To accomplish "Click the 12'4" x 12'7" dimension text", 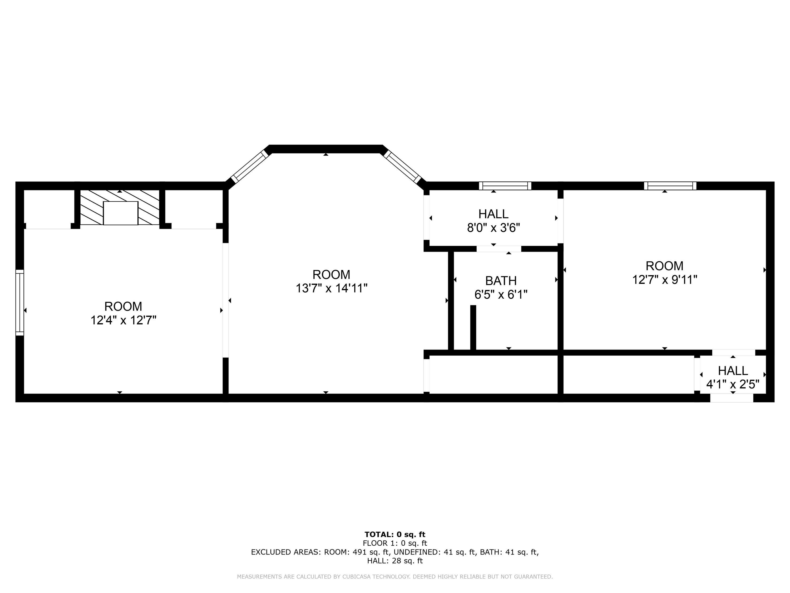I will pos(123,320).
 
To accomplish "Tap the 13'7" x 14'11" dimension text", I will pos(332,288).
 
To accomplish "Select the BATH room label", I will pos(501,281).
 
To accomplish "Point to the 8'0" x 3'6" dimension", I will pos(493,228).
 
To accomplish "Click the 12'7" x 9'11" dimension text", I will pos(664,280).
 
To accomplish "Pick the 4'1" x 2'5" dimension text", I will pos(733,385).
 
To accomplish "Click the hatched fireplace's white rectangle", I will pos(120,213).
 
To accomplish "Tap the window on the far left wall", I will pos(20,302).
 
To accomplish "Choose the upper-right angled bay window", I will pos(402,167).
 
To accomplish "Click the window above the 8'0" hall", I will pos(505,186).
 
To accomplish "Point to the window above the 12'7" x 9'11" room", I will pos(670,186).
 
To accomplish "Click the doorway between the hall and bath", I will pos(498,249).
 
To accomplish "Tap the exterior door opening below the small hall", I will pos(732,398).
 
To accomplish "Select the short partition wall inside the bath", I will pos(473,327).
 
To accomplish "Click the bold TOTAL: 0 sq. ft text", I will pos(395,534).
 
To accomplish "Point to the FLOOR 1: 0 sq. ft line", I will pos(395,543).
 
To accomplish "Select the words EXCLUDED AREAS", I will pos(286,552).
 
